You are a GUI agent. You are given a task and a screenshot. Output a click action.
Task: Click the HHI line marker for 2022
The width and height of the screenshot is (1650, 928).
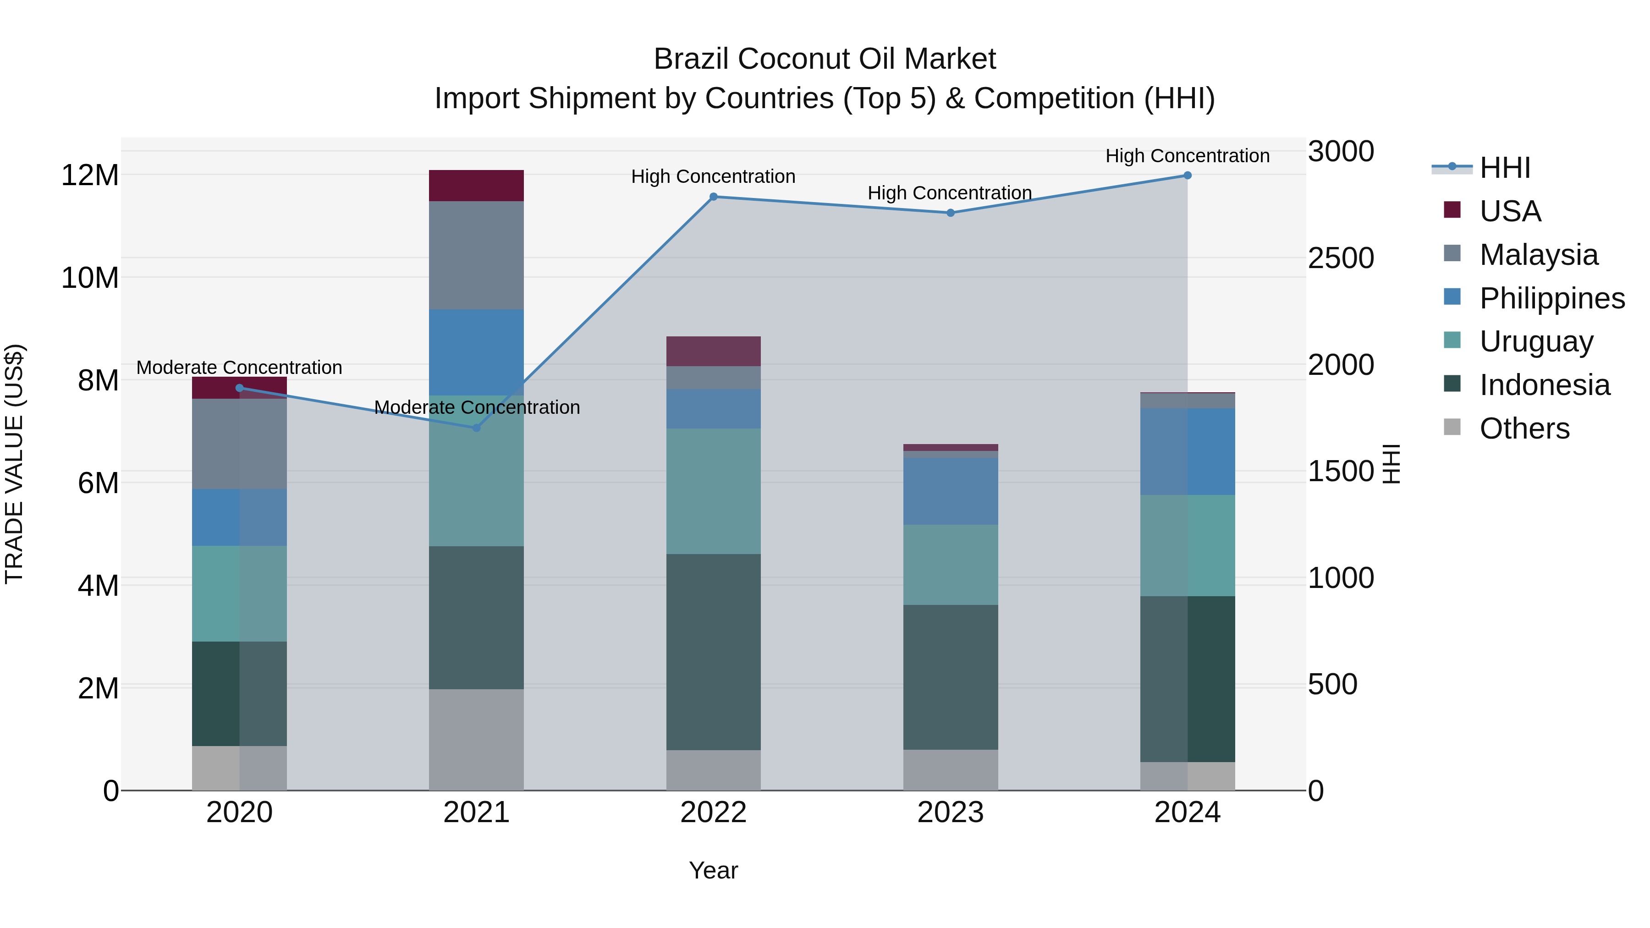(x=714, y=197)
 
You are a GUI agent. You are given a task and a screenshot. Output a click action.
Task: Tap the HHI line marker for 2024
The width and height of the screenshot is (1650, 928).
(x=1188, y=176)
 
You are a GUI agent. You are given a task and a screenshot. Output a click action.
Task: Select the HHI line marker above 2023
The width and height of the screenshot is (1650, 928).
(x=951, y=213)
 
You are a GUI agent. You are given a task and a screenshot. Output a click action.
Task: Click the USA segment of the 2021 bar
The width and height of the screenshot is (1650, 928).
(x=476, y=186)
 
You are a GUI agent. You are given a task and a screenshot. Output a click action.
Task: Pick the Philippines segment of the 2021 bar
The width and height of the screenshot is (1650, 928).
(x=476, y=352)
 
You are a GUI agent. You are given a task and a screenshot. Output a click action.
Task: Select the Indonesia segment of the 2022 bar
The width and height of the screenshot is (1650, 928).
(x=714, y=652)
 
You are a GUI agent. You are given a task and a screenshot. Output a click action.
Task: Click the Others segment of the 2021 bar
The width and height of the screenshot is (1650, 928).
(x=476, y=740)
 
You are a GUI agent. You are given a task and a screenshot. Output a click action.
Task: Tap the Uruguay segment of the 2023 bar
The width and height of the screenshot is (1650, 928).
(x=951, y=565)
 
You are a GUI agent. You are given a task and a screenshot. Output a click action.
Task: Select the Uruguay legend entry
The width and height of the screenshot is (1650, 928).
(x=1536, y=341)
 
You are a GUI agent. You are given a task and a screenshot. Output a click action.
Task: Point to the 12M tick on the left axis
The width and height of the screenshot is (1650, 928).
(x=90, y=176)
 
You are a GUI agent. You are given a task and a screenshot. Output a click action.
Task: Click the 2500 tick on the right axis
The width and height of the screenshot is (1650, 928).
(x=1341, y=258)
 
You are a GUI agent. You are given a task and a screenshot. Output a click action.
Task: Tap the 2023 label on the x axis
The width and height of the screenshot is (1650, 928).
(x=951, y=813)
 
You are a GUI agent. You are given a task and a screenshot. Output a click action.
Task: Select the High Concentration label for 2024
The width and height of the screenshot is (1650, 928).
(x=1188, y=156)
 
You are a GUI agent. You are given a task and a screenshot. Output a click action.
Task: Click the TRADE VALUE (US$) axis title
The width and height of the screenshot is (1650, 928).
(x=14, y=464)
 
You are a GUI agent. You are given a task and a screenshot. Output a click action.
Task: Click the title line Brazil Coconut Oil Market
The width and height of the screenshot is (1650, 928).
(x=825, y=59)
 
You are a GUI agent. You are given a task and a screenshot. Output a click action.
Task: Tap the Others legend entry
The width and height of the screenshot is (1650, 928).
(x=1524, y=428)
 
